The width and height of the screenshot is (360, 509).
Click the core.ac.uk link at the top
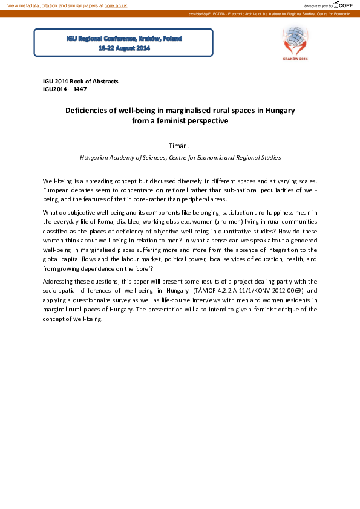tap(116, 5)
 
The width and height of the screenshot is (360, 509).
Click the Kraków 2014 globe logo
tap(295, 41)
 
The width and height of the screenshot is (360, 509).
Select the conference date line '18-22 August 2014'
tap(124, 48)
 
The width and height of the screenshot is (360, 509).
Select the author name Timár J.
tap(180, 146)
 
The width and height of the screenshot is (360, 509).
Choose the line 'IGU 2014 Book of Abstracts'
tap(80, 81)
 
